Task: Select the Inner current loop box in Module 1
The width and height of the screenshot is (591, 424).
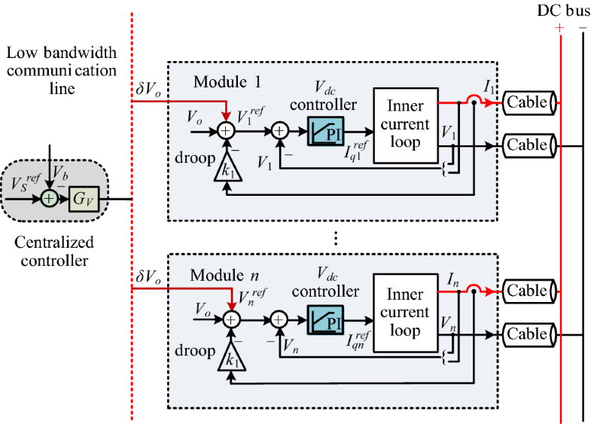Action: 407,124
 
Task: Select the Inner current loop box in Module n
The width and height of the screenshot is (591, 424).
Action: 407,313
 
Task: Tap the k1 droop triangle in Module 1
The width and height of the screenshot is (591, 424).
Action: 226,168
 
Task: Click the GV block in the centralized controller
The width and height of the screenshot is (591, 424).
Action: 84,200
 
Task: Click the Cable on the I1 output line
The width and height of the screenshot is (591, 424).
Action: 527,102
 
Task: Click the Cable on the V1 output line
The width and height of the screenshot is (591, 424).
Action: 527,144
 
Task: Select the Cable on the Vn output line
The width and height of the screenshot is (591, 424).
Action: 527,332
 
